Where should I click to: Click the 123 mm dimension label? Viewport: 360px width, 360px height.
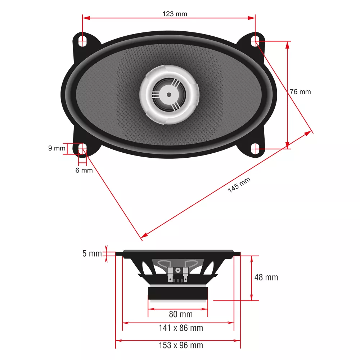pyautogui.click(x=175, y=14)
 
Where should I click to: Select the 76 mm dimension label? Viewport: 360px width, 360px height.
pyautogui.click(x=300, y=92)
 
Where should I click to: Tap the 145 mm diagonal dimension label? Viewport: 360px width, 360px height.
pyautogui.click(x=239, y=185)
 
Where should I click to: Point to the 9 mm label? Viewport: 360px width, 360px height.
pyautogui.click(x=57, y=148)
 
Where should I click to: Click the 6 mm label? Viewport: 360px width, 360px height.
pyautogui.click(x=84, y=170)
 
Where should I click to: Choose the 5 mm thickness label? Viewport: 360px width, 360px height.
pyautogui.click(x=92, y=254)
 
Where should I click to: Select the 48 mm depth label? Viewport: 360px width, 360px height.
pyautogui.click(x=266, y=277)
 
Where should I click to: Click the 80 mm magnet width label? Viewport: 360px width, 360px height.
pyautogui.click(x=181, y=314)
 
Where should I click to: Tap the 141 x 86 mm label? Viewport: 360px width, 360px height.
pyautogui.click(x=181, y=328)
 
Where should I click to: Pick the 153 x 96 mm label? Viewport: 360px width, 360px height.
pyautogui.click(x=181, y=345)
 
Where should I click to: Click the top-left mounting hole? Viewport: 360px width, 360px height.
pyautogui.click(x=83, y=40)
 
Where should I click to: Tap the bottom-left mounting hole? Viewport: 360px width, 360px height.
pyautogui.click(x=83, y=149)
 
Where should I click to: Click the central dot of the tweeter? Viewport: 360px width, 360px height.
pyautogui.click(x=169, y=95)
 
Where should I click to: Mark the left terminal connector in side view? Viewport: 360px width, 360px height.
pyautogui.click(x=170, y=274)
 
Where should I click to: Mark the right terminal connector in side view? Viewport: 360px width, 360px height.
pyautogui.click(x=185, y=274)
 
